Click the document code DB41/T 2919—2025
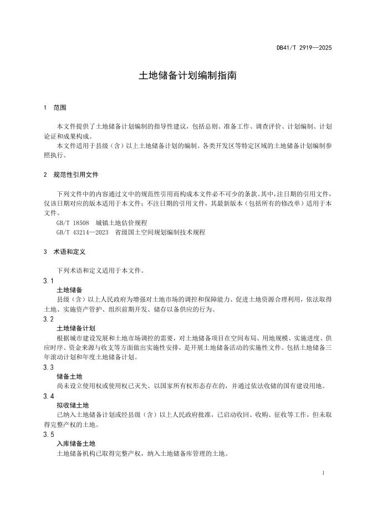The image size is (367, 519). (304, 48)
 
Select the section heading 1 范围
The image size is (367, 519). (55, 107)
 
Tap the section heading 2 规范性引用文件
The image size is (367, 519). (71, 174)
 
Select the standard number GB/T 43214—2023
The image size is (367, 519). (81, 232)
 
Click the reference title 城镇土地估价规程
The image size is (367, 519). (121, 222)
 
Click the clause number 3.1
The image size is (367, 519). (48, 281)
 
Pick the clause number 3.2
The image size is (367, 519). (48, 319)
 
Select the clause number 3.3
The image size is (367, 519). (48, 367)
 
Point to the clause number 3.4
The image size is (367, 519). (48, 396)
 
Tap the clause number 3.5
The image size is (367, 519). (48, 434)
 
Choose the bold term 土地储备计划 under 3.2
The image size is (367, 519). (77, 328)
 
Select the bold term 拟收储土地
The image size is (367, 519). (73, 405)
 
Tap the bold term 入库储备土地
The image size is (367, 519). (77, 444)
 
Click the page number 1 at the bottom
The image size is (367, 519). (323, 473)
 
